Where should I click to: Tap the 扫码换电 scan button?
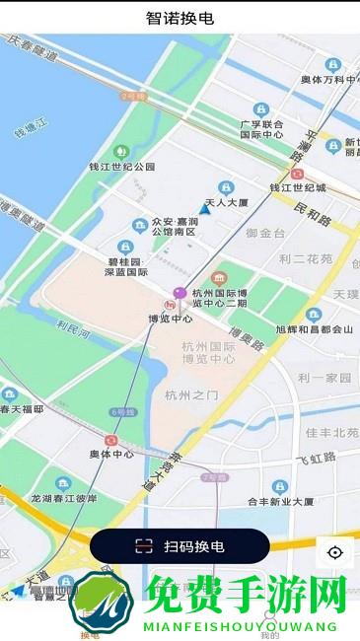pos(180,546)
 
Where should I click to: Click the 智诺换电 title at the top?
pos(180,18)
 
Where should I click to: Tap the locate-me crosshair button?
pos(335,552)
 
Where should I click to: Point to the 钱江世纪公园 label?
pos(122,167)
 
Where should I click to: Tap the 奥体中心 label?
pos(111,454)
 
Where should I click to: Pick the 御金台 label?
pos(265,233)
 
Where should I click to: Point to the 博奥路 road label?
pos(245,342)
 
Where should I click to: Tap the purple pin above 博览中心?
pos(180,293)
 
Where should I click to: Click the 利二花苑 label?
pos(306,259)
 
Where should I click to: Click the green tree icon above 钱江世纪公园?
pos(122,150)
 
